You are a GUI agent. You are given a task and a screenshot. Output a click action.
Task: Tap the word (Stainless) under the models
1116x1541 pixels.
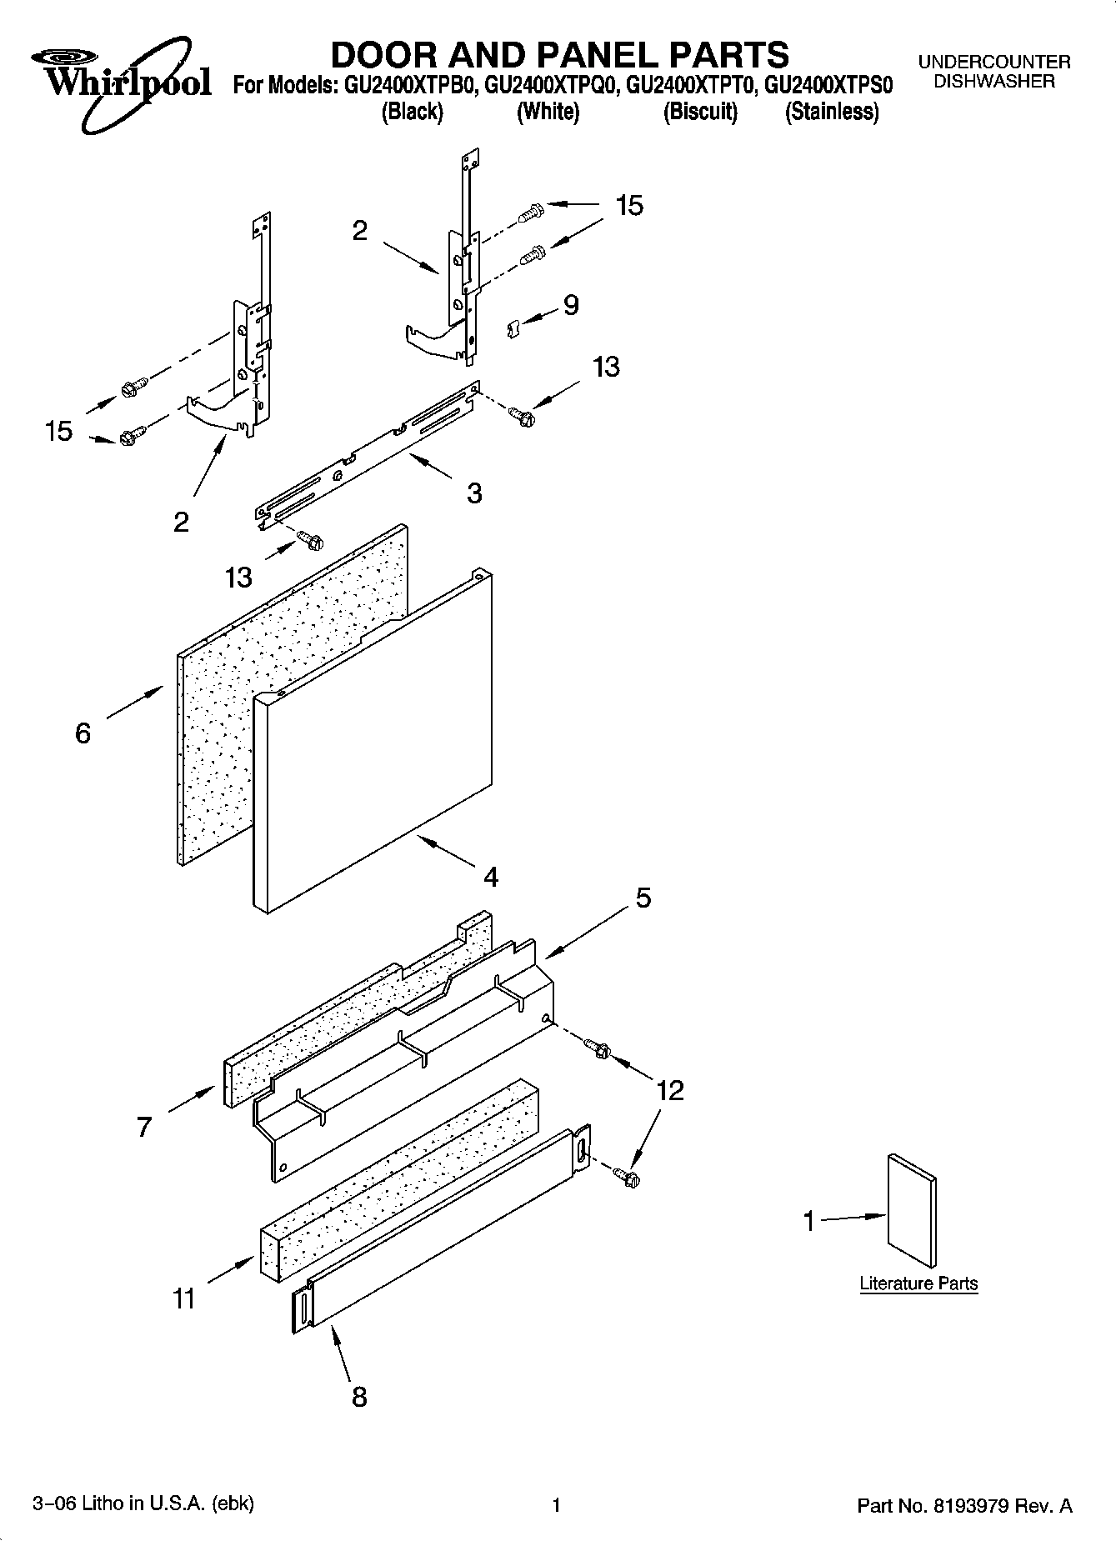tap(831, 112)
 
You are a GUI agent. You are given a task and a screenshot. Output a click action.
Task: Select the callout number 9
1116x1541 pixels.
tap(571, 306)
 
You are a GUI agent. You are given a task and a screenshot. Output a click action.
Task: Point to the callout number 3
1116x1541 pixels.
tap(474, 493)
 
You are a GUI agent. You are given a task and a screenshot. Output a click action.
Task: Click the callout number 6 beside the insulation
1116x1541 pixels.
tap(83, 733)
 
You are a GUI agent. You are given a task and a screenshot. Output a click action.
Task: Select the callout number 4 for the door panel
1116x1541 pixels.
tap(491, 877)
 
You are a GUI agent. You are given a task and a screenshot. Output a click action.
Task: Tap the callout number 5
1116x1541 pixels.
tap(643, 898)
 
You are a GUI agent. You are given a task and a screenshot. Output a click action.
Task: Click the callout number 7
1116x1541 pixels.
tap(144, 1128)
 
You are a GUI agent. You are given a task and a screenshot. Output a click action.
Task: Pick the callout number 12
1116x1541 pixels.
tap(670, 1090)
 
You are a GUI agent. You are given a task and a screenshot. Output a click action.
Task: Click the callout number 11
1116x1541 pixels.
tap(184, 1298)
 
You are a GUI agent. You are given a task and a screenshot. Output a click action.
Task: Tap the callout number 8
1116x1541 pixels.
tap(359, 1397)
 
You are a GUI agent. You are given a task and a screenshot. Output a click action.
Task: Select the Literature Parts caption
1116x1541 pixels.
tap(918, 1283)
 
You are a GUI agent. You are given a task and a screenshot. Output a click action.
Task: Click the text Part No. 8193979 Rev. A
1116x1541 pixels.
tap(964, 1506)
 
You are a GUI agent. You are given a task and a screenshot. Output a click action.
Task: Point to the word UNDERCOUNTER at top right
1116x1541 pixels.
tap(993, 62)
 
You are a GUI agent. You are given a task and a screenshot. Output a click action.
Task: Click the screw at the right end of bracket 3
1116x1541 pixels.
tap(523, 414)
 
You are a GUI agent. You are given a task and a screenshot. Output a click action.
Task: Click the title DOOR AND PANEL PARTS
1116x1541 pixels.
tap(559, 55)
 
